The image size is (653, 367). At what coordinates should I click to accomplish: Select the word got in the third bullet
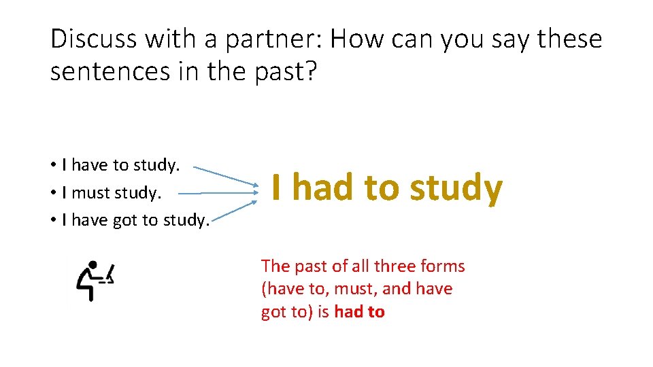tap(122, 220)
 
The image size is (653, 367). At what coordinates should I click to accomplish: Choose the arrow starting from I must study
tap(218, 193)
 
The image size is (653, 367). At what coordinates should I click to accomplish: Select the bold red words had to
tap(359, 312)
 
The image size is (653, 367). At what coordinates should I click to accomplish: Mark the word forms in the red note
tap(443, 266)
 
